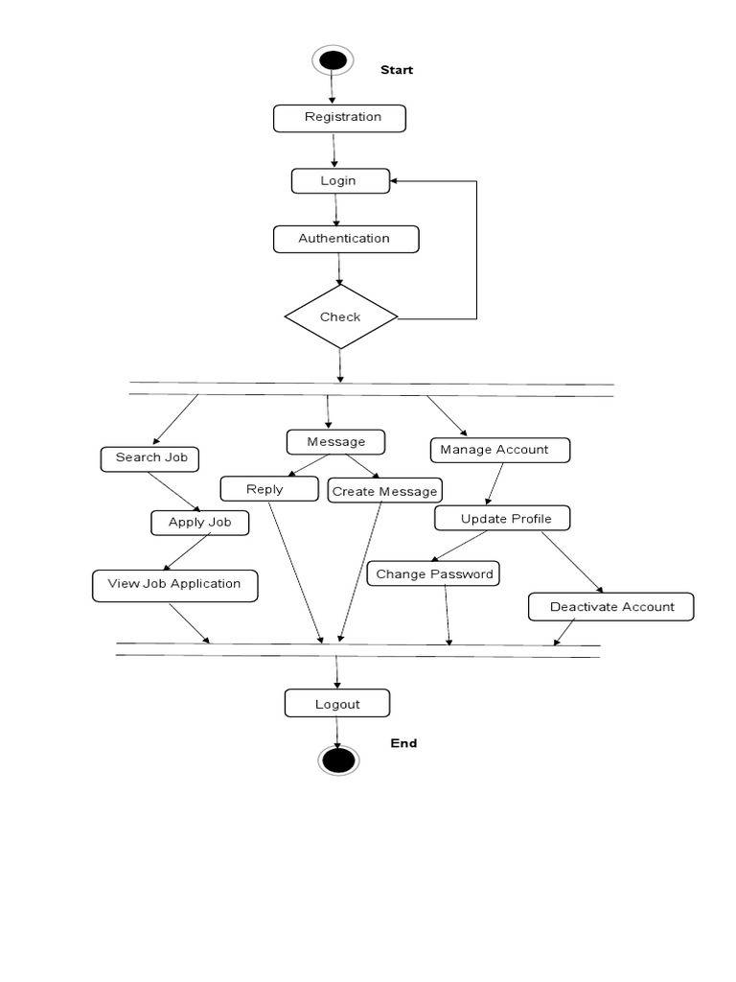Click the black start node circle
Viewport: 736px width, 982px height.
click(333, 60)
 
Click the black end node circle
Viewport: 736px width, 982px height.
click(337, 760)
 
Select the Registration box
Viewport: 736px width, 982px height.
click(340, 118)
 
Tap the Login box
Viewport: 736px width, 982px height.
click(340, 181)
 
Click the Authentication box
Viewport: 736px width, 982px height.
click(346, 239)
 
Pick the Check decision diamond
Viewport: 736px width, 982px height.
click(341, 316)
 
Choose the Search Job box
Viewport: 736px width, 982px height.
click(149, 458)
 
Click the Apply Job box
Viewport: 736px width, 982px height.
click(199, 523)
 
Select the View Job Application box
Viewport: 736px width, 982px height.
click(174, 585)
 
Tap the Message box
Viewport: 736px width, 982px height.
click(335, 442)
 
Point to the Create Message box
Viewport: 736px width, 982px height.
click(384, 491)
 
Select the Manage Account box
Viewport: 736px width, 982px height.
click(499, 450)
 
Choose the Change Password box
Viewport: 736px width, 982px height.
click(434, 574)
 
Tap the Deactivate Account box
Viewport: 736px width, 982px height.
click(610, 607)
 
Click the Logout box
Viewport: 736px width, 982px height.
click(337, 704)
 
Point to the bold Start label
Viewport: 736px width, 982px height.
click(397, 70)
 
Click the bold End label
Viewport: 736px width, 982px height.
click(403, 743)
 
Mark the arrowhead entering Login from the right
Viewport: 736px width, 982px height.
click(396, 180)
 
